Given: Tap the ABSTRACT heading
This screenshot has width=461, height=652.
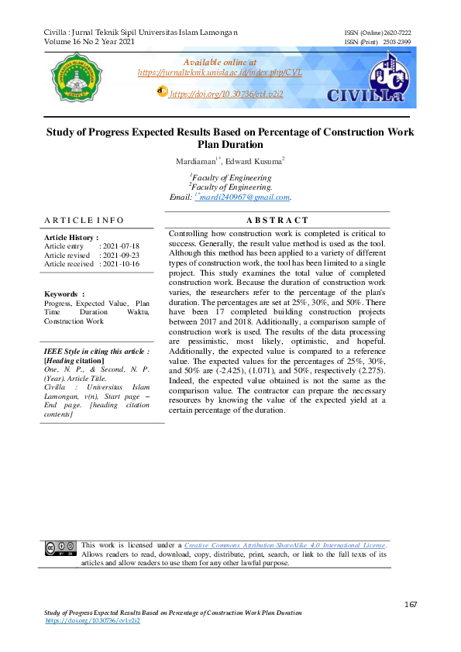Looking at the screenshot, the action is (277, 221).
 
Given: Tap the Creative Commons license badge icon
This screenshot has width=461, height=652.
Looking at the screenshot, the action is (59, 548).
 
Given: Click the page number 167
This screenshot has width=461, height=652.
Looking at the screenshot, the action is (411, 604).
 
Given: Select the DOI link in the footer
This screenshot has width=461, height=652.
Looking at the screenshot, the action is (92, 621).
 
